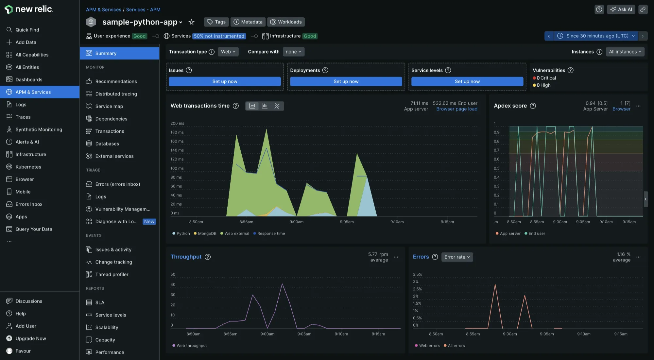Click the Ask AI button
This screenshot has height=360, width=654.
(x=621, y=9)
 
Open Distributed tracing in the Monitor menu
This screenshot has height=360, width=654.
(x=116, y=94)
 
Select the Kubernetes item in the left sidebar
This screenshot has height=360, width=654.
(x=28, y=167)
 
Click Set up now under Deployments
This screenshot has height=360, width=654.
(x=346, y=81)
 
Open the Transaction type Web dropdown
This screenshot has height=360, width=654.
(x=228, y=52)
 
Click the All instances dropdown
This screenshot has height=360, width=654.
(x=625, y=52)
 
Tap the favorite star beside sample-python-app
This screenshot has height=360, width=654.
(x=192, y=22)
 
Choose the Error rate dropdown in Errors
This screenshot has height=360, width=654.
(x=457, y=257)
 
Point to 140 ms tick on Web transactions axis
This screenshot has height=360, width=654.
(x=177, y=150)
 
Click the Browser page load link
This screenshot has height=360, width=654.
(x=456, y=109)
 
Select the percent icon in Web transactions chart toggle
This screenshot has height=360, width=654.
(x=277, y=106)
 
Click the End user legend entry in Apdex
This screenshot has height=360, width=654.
(x=536, y=233)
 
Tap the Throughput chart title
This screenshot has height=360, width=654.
(x=186, y=257)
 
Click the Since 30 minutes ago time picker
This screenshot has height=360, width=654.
(x=597, y=36)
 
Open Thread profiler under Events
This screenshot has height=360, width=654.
(x=112, y=274)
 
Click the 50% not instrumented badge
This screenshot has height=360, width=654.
(x=219, y=36)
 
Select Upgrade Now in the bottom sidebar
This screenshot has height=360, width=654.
(x=30, y=338)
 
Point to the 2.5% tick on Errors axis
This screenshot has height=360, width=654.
(x=417, y=289)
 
